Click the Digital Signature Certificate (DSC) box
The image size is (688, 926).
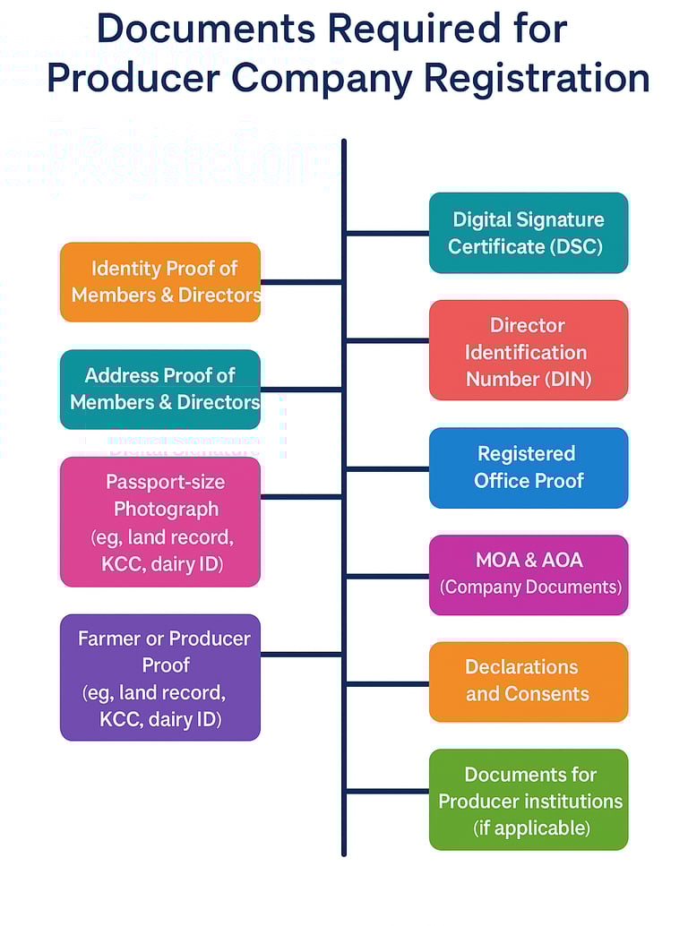(x=529, y=233)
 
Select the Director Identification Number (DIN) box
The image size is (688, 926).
(x=529, y=350)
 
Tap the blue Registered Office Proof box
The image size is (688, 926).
(x=529, y=467)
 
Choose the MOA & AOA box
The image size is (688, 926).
(x=529, y=574)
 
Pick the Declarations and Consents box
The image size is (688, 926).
(x=529, y=682)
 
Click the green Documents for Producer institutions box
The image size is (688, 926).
(x=529, y=800)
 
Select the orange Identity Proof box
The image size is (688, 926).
(x=160, y=282)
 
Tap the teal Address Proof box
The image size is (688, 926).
(x=160, y=390)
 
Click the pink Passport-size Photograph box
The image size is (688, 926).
(x=160, y=522)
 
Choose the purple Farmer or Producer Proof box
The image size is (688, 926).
(x=160, y=677)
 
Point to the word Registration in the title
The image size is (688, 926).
(x=537, y=78)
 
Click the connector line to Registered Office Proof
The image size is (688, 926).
(x=387, y=468)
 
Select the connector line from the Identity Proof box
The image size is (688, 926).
(x=301, y=282)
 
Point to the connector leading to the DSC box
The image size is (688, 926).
(x=387, y=233)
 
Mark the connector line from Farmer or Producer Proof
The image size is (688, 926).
(x=301, y=655)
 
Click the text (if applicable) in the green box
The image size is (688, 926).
(x=531, y=827)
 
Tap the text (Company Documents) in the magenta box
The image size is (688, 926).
(x=530, y=587)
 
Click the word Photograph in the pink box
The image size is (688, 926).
(x=166, y=509)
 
